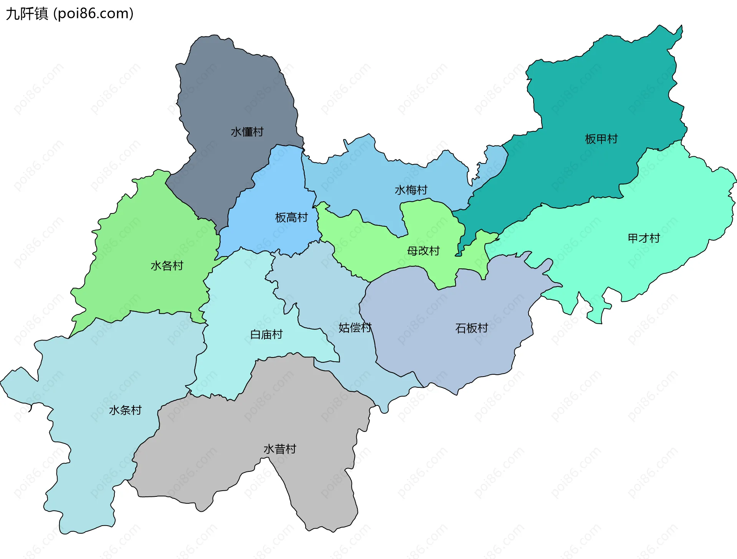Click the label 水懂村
(247, 132)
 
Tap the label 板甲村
(601, 139)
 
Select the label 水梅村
(411, 190)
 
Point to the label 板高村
(291, 218)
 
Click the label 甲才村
(644, 238)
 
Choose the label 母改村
(423, 251)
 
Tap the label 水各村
(167, 266)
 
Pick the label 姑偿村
(355, 328)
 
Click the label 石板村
(471, 328)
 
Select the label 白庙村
(266, 335)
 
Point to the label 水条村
(125, 410)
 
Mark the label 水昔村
(280, 449)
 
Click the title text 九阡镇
(27, 14)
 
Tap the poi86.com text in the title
(94, 14)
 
